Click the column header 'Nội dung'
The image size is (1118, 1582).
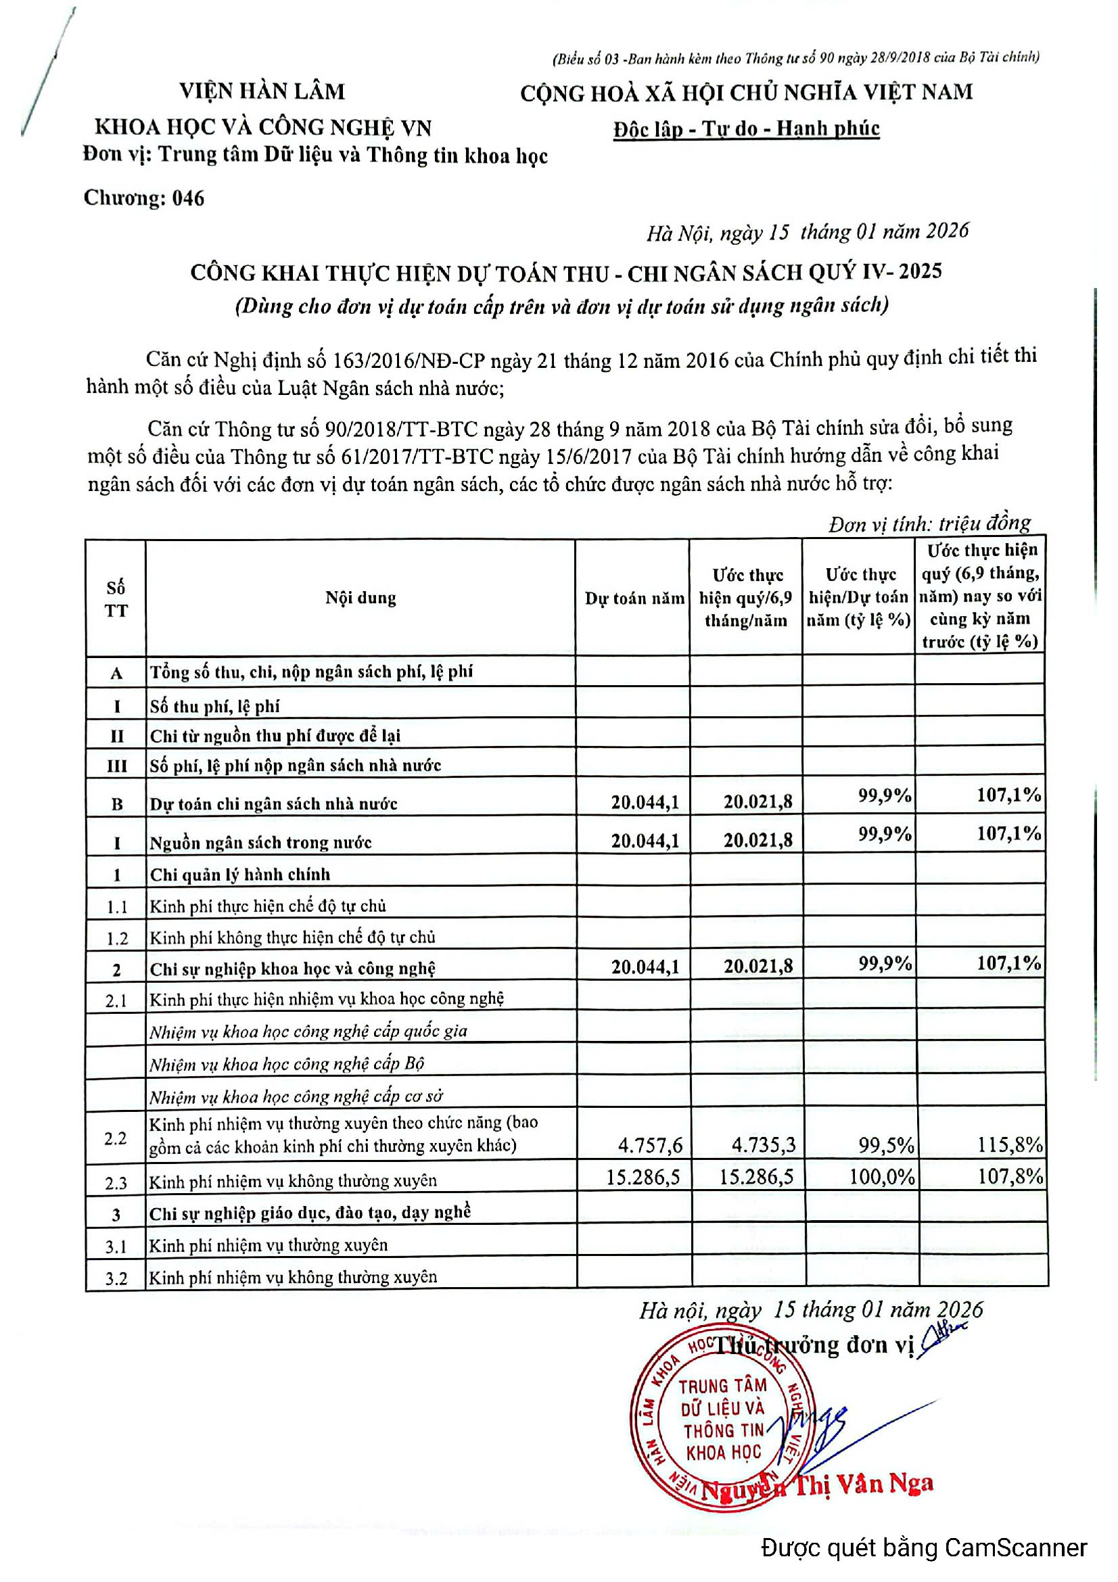360,598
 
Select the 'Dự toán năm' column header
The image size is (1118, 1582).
634,598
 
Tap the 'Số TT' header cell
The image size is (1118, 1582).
116,599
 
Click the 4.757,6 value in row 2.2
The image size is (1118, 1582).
649,1145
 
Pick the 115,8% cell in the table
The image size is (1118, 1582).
1010,1145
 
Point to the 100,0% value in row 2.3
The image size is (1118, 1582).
881,1176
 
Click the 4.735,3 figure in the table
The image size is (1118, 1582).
763,1145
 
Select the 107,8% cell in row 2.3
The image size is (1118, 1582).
1010,1176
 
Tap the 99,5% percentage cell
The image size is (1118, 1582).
886,1145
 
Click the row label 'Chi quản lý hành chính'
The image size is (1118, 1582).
240,875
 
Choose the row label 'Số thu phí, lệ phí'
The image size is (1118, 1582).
215,706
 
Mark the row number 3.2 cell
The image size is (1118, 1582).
116,1279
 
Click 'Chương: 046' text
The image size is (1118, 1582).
144,198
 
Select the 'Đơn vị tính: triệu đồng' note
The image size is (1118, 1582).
929,524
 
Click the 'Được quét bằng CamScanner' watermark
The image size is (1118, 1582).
924,1548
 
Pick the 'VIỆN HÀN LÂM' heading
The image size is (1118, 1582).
262,91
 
